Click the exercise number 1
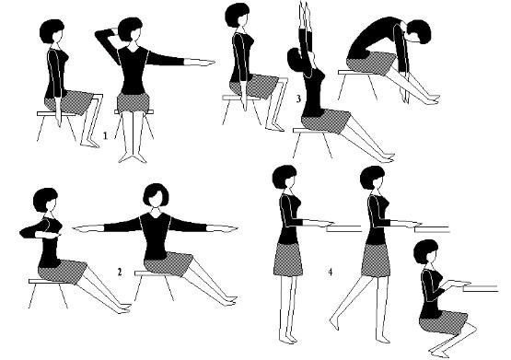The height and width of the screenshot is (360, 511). (105, 135)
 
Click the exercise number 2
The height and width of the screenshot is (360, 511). (120, 272)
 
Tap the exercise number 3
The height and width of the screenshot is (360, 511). (298, 99)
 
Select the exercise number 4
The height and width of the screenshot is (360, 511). (331, 272)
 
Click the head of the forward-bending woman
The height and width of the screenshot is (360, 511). (420, 31)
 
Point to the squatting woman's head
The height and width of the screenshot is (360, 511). (425, 251)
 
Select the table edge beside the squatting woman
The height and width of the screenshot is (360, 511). (481, 288)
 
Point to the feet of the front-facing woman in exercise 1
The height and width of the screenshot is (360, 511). (133, 158)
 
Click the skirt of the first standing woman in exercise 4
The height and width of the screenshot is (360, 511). (288, 260)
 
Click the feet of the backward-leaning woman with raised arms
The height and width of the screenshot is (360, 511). (386, 157)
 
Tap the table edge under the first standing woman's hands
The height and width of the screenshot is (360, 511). (343, 228)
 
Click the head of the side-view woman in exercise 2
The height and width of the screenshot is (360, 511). (46, 200)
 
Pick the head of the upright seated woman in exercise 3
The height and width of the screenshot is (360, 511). (238, 16)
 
